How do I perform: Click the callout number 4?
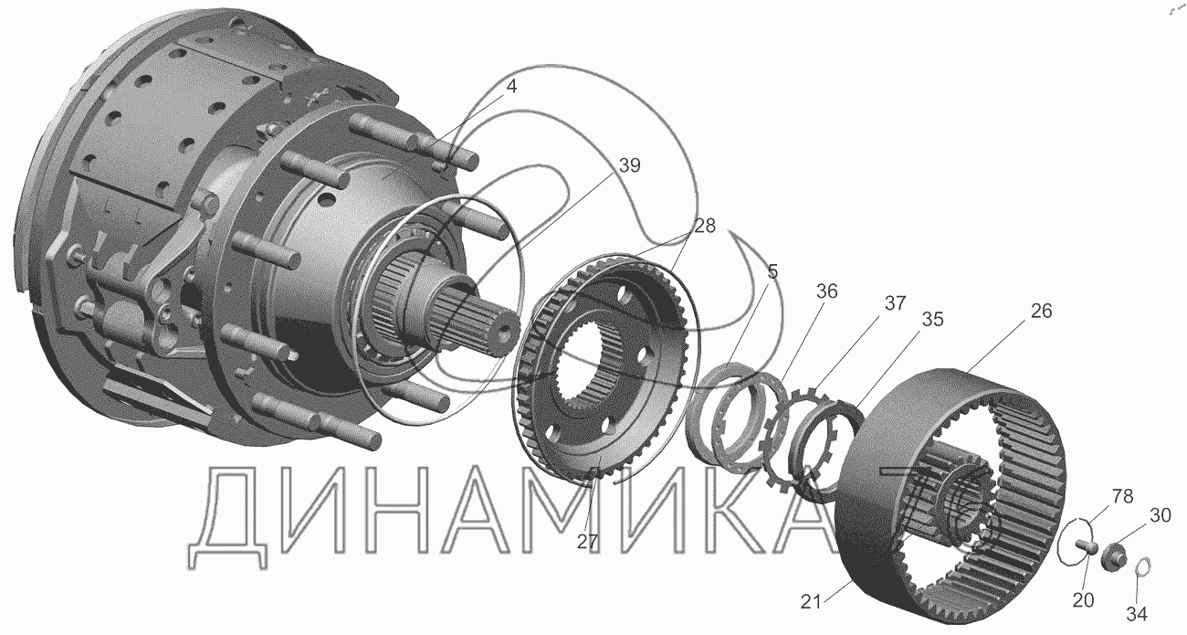click(510, 86)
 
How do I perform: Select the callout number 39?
click(629, 165)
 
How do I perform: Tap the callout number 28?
click(704, 226)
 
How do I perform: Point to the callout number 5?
click(772, 271)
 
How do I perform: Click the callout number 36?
click(826, 291)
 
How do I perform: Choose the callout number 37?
click(895, 303)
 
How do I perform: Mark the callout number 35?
click(932, 319)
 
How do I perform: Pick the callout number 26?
click(1041, 311)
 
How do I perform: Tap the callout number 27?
click(587, 542)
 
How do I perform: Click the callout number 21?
click(811, 602)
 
